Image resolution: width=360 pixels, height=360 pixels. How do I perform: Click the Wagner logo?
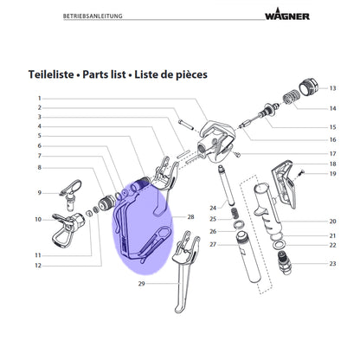(287, 15)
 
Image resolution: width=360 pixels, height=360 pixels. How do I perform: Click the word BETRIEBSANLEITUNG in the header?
(93, 16)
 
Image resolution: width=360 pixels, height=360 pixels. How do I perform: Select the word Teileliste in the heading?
(51, 74)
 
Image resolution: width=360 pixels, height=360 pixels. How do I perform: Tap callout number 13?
(333, 88)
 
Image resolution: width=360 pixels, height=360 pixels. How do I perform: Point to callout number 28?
(190, 216)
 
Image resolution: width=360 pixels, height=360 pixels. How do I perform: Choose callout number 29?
(141, 284)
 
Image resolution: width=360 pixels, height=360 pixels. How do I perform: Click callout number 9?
(40, 193)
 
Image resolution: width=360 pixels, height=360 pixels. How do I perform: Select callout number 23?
(333, 263)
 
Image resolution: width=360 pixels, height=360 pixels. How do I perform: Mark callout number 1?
(40, 99)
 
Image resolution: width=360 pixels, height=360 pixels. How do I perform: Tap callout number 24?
(213, 208)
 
